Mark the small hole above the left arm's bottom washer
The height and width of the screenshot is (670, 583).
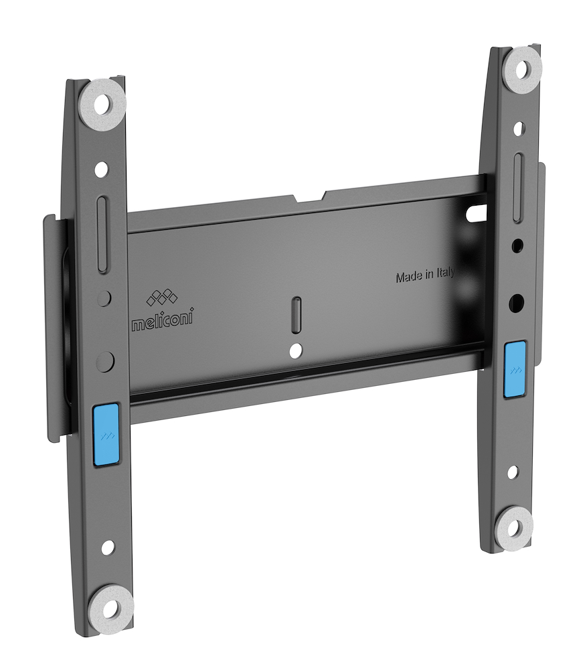point(108,547)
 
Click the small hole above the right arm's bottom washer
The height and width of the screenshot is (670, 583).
point(512,472)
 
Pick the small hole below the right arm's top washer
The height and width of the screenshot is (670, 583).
point(519,128)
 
